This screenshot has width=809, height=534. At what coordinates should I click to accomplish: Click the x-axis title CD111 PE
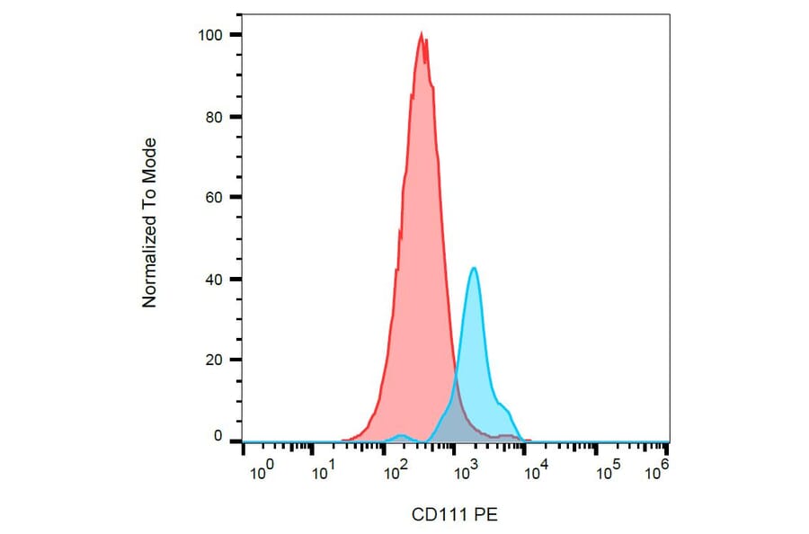pos(454,515)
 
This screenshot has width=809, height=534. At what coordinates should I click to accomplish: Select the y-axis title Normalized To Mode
pos(150,222)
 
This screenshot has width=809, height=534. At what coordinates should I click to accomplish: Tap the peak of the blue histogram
pos(473,268)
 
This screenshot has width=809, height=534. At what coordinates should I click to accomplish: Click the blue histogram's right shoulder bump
pos(503,407)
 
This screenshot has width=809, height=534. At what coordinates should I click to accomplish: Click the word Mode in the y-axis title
pos(150,157)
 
